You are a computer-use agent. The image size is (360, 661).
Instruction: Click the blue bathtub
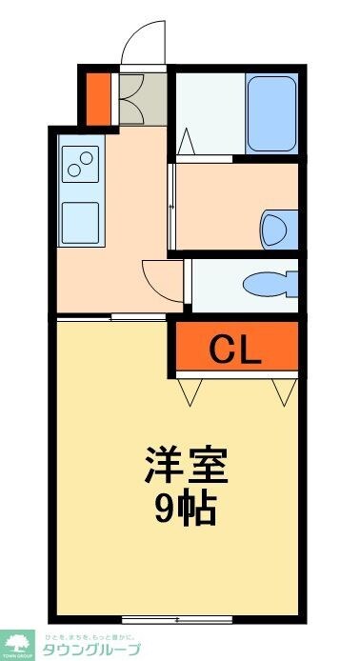tap(272, 112)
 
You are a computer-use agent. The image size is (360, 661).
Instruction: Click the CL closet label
tap(235, 351)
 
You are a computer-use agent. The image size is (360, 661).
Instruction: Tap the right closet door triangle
tap(282, 391)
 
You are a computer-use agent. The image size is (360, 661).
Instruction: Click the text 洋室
tap(186, 469)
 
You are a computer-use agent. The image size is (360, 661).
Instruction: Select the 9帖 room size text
tap(185, 511)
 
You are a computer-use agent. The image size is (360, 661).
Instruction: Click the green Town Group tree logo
tap(18, 644)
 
